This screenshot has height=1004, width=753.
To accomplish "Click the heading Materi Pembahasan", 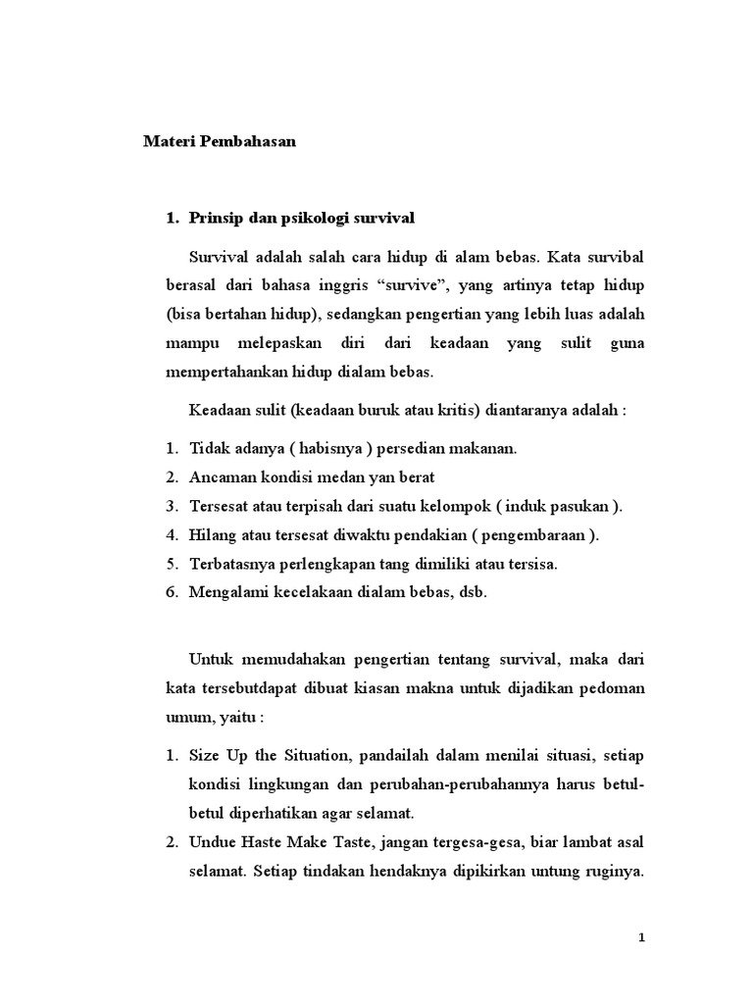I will pos(220,141).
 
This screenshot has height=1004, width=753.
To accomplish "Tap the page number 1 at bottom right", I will pos(641,938).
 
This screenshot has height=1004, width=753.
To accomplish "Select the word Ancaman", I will pos(219,477).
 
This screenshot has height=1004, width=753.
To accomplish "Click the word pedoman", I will pos(614,687).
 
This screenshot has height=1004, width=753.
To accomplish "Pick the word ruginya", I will pos(614,872).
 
